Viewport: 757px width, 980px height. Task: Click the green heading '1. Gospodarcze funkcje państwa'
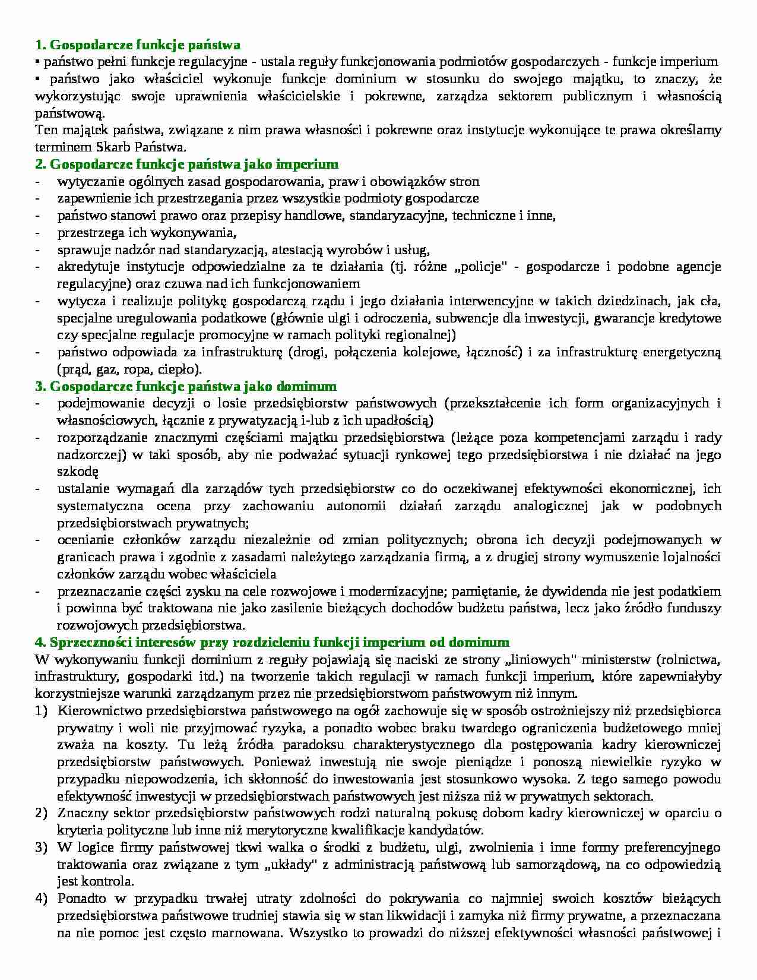137,45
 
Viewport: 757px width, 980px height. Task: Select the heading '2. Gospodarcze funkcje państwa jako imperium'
186,164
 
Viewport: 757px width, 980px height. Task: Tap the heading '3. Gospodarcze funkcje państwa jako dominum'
185,387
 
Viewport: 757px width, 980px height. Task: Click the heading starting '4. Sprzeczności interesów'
272,642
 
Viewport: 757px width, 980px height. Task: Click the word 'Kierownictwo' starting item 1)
94,711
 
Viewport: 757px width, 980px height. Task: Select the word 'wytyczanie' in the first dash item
86,181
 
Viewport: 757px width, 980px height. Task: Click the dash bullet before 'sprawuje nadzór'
39,249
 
